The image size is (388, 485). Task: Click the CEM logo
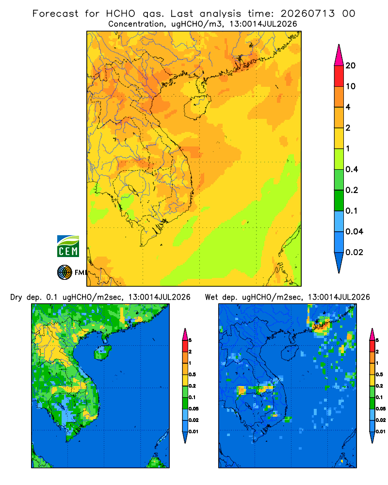click(x=68, y=246)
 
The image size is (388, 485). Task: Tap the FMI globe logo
click(x=65, y=273)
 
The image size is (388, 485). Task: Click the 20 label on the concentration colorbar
click(x=351, y=65)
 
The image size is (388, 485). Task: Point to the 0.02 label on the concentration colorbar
click(x=354, y=252)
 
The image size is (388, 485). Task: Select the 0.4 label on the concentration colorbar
click(x=352, y=169)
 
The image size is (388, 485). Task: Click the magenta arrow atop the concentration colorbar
click(x=339, y=55)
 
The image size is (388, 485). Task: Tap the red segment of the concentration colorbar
click(x=339, y=76)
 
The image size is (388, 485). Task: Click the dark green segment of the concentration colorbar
click(x=339, y=200)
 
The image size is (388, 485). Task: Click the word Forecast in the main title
click(x=55, y=14)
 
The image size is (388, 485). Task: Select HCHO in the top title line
click(x=121, y=14)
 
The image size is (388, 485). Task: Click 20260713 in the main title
click(x=308, y=14)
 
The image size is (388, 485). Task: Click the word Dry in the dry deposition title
click(x=16, y=298)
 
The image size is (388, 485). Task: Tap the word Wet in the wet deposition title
click(x=211, y=297)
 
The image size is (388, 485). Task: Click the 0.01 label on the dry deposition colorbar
click(x=194, y=432)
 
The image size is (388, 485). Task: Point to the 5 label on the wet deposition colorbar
click(x=377, y=340)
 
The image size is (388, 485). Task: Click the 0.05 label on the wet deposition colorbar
click(x=381, y=409)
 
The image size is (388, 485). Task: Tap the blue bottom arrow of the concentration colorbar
click(x=339, y=262)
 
